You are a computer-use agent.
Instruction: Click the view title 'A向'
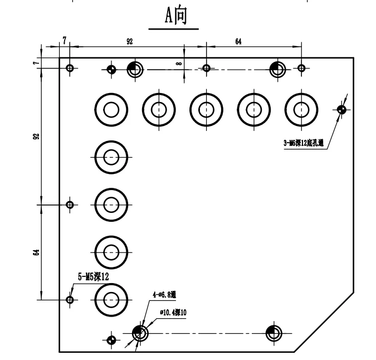176,16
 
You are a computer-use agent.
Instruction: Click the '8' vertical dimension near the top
179,64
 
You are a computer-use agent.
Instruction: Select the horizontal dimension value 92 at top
129,41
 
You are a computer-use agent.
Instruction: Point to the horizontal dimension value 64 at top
238,41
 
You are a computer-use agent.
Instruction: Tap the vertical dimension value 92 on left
36,137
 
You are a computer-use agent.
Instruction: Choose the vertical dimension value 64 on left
36,252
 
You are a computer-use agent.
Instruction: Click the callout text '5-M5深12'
93,277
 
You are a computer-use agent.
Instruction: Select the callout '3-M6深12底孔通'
304,143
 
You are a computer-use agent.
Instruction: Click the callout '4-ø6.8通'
164,295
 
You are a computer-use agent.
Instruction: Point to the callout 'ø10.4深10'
173,313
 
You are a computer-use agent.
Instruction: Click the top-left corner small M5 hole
70,68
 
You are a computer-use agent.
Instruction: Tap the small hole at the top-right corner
301,68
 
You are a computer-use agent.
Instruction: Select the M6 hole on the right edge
341,110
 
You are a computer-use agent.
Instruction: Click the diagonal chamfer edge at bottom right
324,322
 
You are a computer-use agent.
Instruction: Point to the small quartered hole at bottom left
111,340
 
